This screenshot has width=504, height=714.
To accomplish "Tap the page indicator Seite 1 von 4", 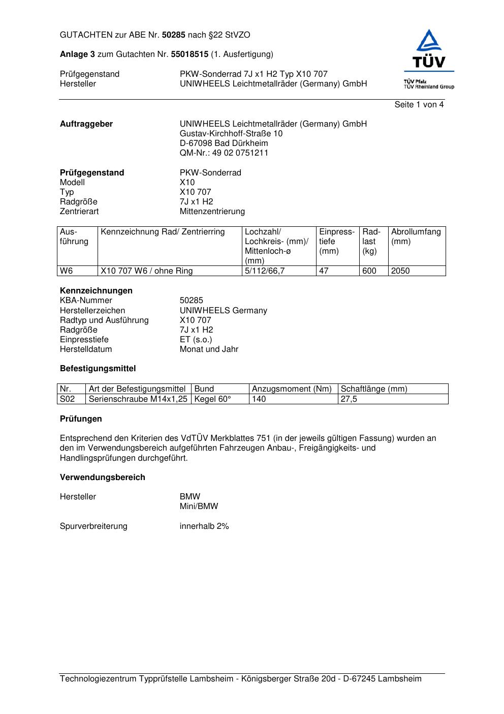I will tap(419, 105).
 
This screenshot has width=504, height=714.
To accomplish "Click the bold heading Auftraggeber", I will tap(86, 124).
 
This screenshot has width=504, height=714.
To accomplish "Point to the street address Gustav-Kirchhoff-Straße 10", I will tap(231, 134).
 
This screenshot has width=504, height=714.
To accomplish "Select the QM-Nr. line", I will tap(224, 153).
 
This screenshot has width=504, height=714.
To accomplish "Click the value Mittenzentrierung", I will tap(212, 212).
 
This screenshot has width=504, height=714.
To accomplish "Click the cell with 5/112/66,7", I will tap(265, 271).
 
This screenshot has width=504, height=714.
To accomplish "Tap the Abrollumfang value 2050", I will tap(400, 271).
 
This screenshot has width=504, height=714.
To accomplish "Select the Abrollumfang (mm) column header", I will tap(416, 236).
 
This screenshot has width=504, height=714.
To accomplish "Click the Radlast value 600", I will tap(369, 271).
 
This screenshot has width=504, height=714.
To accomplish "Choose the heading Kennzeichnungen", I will tap(96, 291).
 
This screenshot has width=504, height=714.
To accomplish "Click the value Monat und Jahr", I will tap(209, 349).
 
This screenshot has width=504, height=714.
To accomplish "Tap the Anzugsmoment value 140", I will tap(259, 399).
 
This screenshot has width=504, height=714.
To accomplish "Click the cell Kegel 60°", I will tap(212, 399).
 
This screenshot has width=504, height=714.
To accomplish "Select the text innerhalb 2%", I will tap(204, 526).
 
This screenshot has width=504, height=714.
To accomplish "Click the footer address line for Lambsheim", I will tap(241, 679).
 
